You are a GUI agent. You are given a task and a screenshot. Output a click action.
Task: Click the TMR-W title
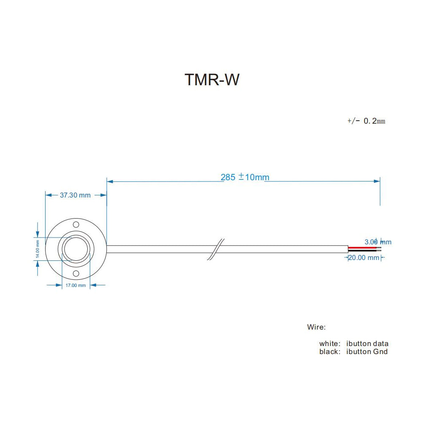tap(212, 80)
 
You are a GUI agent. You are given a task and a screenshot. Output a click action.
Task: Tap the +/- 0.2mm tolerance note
tap(366, 121)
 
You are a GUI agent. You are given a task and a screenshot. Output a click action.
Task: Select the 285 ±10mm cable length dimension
tap(245, 177)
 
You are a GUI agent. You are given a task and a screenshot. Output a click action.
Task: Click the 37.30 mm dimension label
tap(75, 195)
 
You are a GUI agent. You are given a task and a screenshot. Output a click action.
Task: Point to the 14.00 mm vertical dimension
tap(38, 249)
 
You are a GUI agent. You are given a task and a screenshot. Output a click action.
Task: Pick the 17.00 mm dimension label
tap(76, 285)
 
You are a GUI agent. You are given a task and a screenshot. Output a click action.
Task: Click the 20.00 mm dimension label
tap(364, 257)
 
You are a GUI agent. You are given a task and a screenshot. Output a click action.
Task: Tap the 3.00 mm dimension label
tap(378, 242)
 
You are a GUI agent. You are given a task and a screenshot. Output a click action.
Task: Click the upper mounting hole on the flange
tap(76, 224)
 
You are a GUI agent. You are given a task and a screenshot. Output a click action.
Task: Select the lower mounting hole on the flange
tap(76, 274)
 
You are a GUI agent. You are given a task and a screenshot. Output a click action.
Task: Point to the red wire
tap(363, 248)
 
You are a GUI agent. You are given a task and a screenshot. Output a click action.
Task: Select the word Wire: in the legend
tap(316, 327)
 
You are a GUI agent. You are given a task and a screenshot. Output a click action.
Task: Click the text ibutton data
tap(367, 344)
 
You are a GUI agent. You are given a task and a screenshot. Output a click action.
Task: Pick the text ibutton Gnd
tap(367, 352)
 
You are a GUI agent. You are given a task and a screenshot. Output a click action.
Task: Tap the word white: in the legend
tap(330, 344)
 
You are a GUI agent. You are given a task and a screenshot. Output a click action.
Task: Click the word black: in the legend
tap(330, 352)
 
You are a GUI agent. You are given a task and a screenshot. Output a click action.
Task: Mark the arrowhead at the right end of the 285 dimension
tap(377, 181)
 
